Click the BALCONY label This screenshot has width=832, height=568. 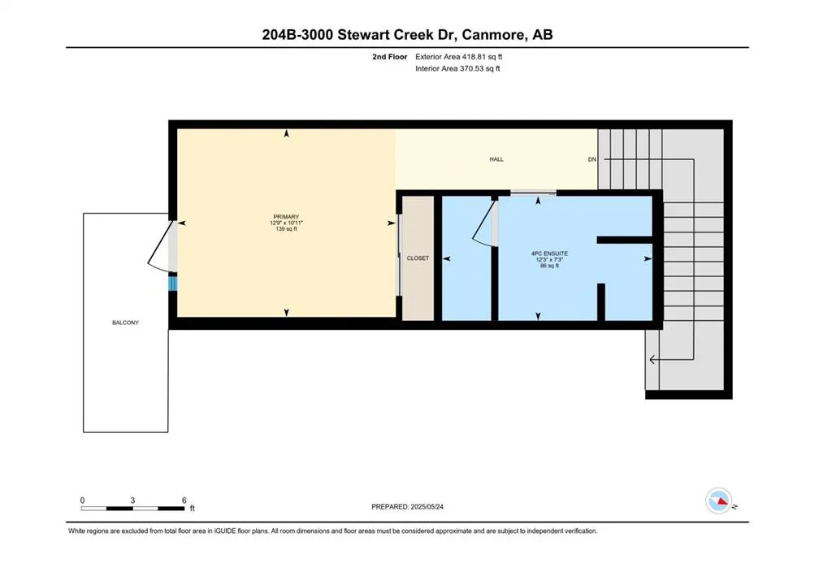point(125,323)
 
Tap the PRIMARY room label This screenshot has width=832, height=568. point(286,217)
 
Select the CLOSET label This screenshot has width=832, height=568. point(418,258)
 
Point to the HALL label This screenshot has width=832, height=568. point(496,159)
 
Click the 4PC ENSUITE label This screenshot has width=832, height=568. point(550,254)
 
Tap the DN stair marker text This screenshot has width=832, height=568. point(592,159)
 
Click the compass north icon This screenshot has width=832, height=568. point(719,501)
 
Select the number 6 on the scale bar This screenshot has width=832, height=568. point(184,500)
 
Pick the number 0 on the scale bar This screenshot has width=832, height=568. point(82,500)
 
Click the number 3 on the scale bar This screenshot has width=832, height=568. point(132,500)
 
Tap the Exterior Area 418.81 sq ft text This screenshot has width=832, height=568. point(458,57)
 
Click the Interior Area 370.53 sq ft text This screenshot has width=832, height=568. point(457,68)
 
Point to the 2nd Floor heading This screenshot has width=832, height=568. point(389,57)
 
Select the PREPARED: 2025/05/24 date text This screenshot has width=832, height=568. point(408,507)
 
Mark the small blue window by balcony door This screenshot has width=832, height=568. point(172,282)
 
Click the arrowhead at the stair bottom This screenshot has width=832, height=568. point(652,360)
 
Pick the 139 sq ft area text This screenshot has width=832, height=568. point(286,229)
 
